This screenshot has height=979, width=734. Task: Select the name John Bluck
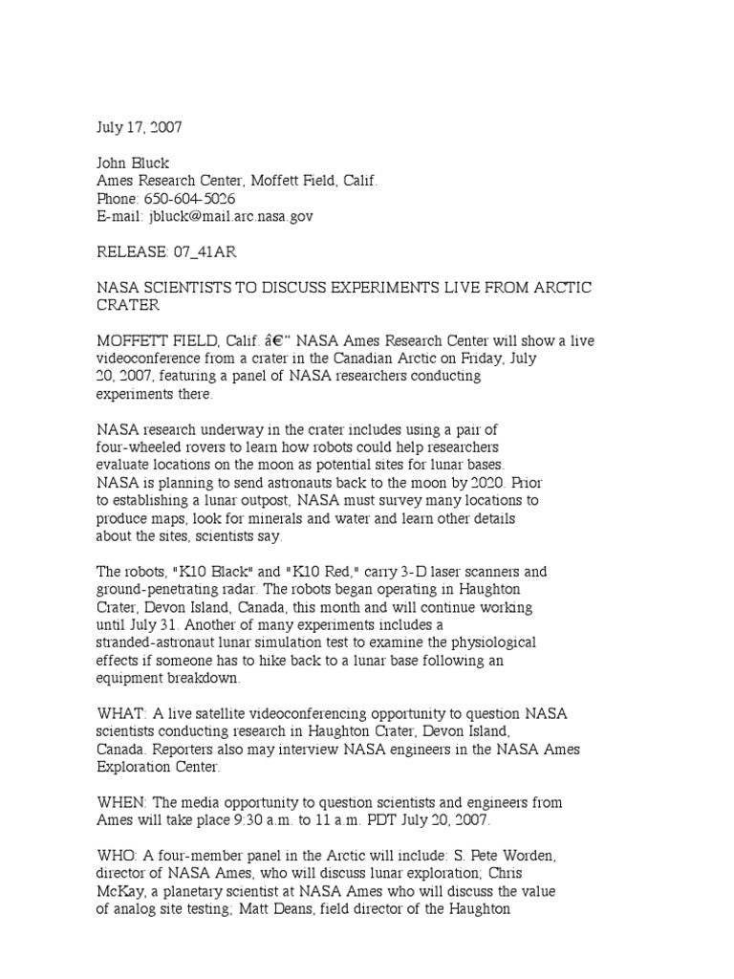[133, 163]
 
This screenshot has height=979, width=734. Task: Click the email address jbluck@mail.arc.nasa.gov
[230, 217]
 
